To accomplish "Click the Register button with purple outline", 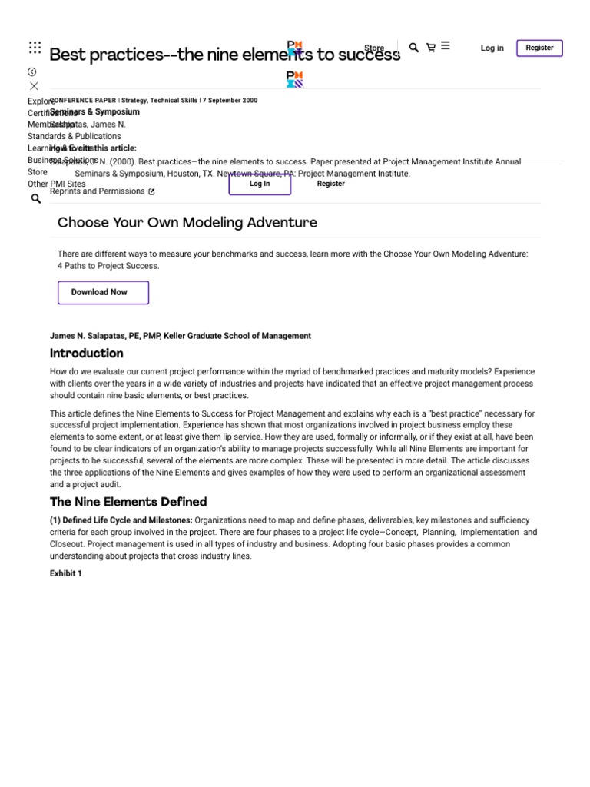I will point(539,48).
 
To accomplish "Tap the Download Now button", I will point(103,292).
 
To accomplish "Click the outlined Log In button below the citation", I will point(260,184).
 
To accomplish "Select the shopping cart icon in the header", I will point(430,48).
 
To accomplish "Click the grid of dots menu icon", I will point(35,48).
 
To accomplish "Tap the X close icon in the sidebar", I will point(34,86).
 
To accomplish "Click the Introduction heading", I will point(86,354).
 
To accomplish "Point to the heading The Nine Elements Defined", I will point(128,502).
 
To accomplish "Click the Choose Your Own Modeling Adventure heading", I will point(187,223).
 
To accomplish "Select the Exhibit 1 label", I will point(65,573).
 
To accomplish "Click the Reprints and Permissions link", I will point(97,191).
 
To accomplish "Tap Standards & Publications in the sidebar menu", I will point(75,137).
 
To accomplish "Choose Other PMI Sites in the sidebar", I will point(56,184).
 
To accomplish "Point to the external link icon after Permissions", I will point(151,192).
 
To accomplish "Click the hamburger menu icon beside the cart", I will point(446,46).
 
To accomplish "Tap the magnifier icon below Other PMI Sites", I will point(35,199).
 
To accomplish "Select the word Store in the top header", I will point(374,48).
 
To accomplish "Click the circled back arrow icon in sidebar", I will point(32,71).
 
